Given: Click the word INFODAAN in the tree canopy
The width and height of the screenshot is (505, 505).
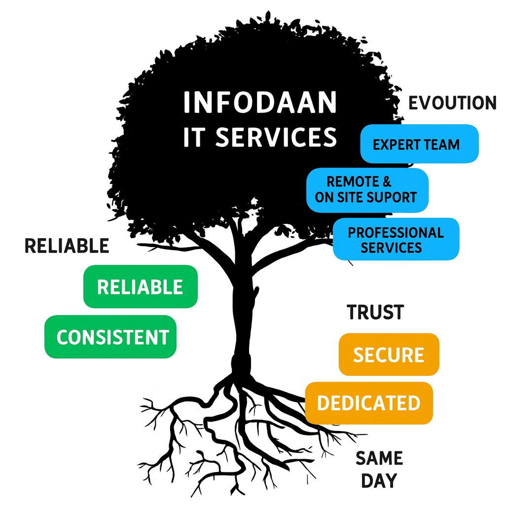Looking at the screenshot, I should coord(260,103).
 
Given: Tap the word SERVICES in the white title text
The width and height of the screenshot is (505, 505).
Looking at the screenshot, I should coord(276,137).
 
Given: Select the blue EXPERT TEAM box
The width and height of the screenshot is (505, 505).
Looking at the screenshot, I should coord(419,144).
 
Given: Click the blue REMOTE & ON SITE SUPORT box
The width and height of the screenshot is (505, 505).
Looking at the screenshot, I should coord(367,190).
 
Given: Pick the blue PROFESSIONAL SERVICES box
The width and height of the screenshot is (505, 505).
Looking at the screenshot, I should coord(396,239).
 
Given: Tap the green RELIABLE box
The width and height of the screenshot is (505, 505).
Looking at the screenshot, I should coord(140,287).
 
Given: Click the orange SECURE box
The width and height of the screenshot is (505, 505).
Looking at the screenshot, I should coord(389,354).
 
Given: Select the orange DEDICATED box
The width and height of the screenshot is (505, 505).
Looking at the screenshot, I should coord(368,402).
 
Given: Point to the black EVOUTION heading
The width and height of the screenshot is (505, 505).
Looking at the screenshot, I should coord(452,103).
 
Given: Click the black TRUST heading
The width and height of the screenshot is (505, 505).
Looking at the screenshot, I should coord(375,312).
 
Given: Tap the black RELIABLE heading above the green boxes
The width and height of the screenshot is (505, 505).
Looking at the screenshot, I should coord(67,246).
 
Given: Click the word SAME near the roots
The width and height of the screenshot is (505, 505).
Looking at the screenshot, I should coord(379,458).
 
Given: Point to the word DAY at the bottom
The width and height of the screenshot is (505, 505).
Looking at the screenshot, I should coord(379,481).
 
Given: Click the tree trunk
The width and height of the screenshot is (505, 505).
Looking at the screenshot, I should coord(243,316).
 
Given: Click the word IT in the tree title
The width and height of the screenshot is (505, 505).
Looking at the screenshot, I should coord(193,137).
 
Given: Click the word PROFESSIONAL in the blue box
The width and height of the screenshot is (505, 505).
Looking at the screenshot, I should coord(396,232).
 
